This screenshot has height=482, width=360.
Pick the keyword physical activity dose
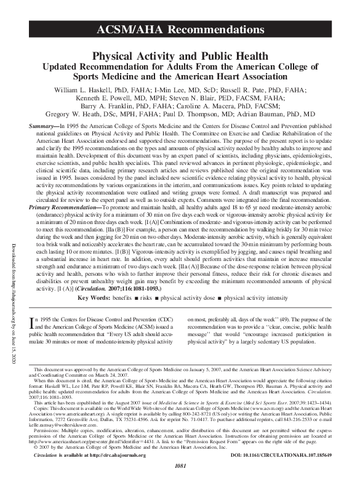coord(186,297)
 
